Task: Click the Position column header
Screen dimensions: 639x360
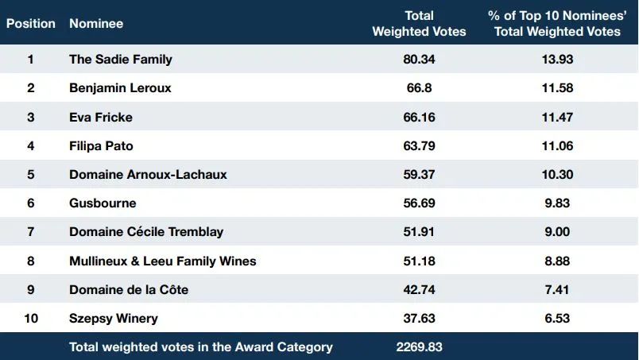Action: pos(31,24)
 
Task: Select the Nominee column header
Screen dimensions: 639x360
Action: pos(96,24)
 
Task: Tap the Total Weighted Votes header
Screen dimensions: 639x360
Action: pos(419,24)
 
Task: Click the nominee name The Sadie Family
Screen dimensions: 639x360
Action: pos(121,60)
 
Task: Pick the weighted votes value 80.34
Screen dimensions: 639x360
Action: pos(419,60)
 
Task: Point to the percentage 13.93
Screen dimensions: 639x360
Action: pos(557,60)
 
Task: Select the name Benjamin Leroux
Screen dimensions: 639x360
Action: pos(120,88)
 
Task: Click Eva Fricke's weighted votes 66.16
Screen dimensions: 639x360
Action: pos(419,118)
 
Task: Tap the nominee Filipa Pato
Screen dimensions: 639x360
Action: pos(101,146)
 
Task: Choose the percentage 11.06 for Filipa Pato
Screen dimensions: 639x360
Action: pos(557,146)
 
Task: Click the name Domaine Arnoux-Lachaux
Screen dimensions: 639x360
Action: pos(148,175)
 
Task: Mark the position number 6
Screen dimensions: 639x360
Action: pos(31,203)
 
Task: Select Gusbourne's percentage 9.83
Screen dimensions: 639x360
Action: pos(557,203)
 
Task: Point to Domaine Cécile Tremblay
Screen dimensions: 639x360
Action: pos(146,232)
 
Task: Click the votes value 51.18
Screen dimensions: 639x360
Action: pos(419,261)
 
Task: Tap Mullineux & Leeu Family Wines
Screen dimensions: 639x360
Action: pos(163,261)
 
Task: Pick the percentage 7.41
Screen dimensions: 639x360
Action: pos(557,289)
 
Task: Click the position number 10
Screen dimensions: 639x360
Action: pos(31,318)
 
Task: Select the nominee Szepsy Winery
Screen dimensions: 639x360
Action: pos(114,319)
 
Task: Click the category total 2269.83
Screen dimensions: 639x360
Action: pos(419,347)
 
